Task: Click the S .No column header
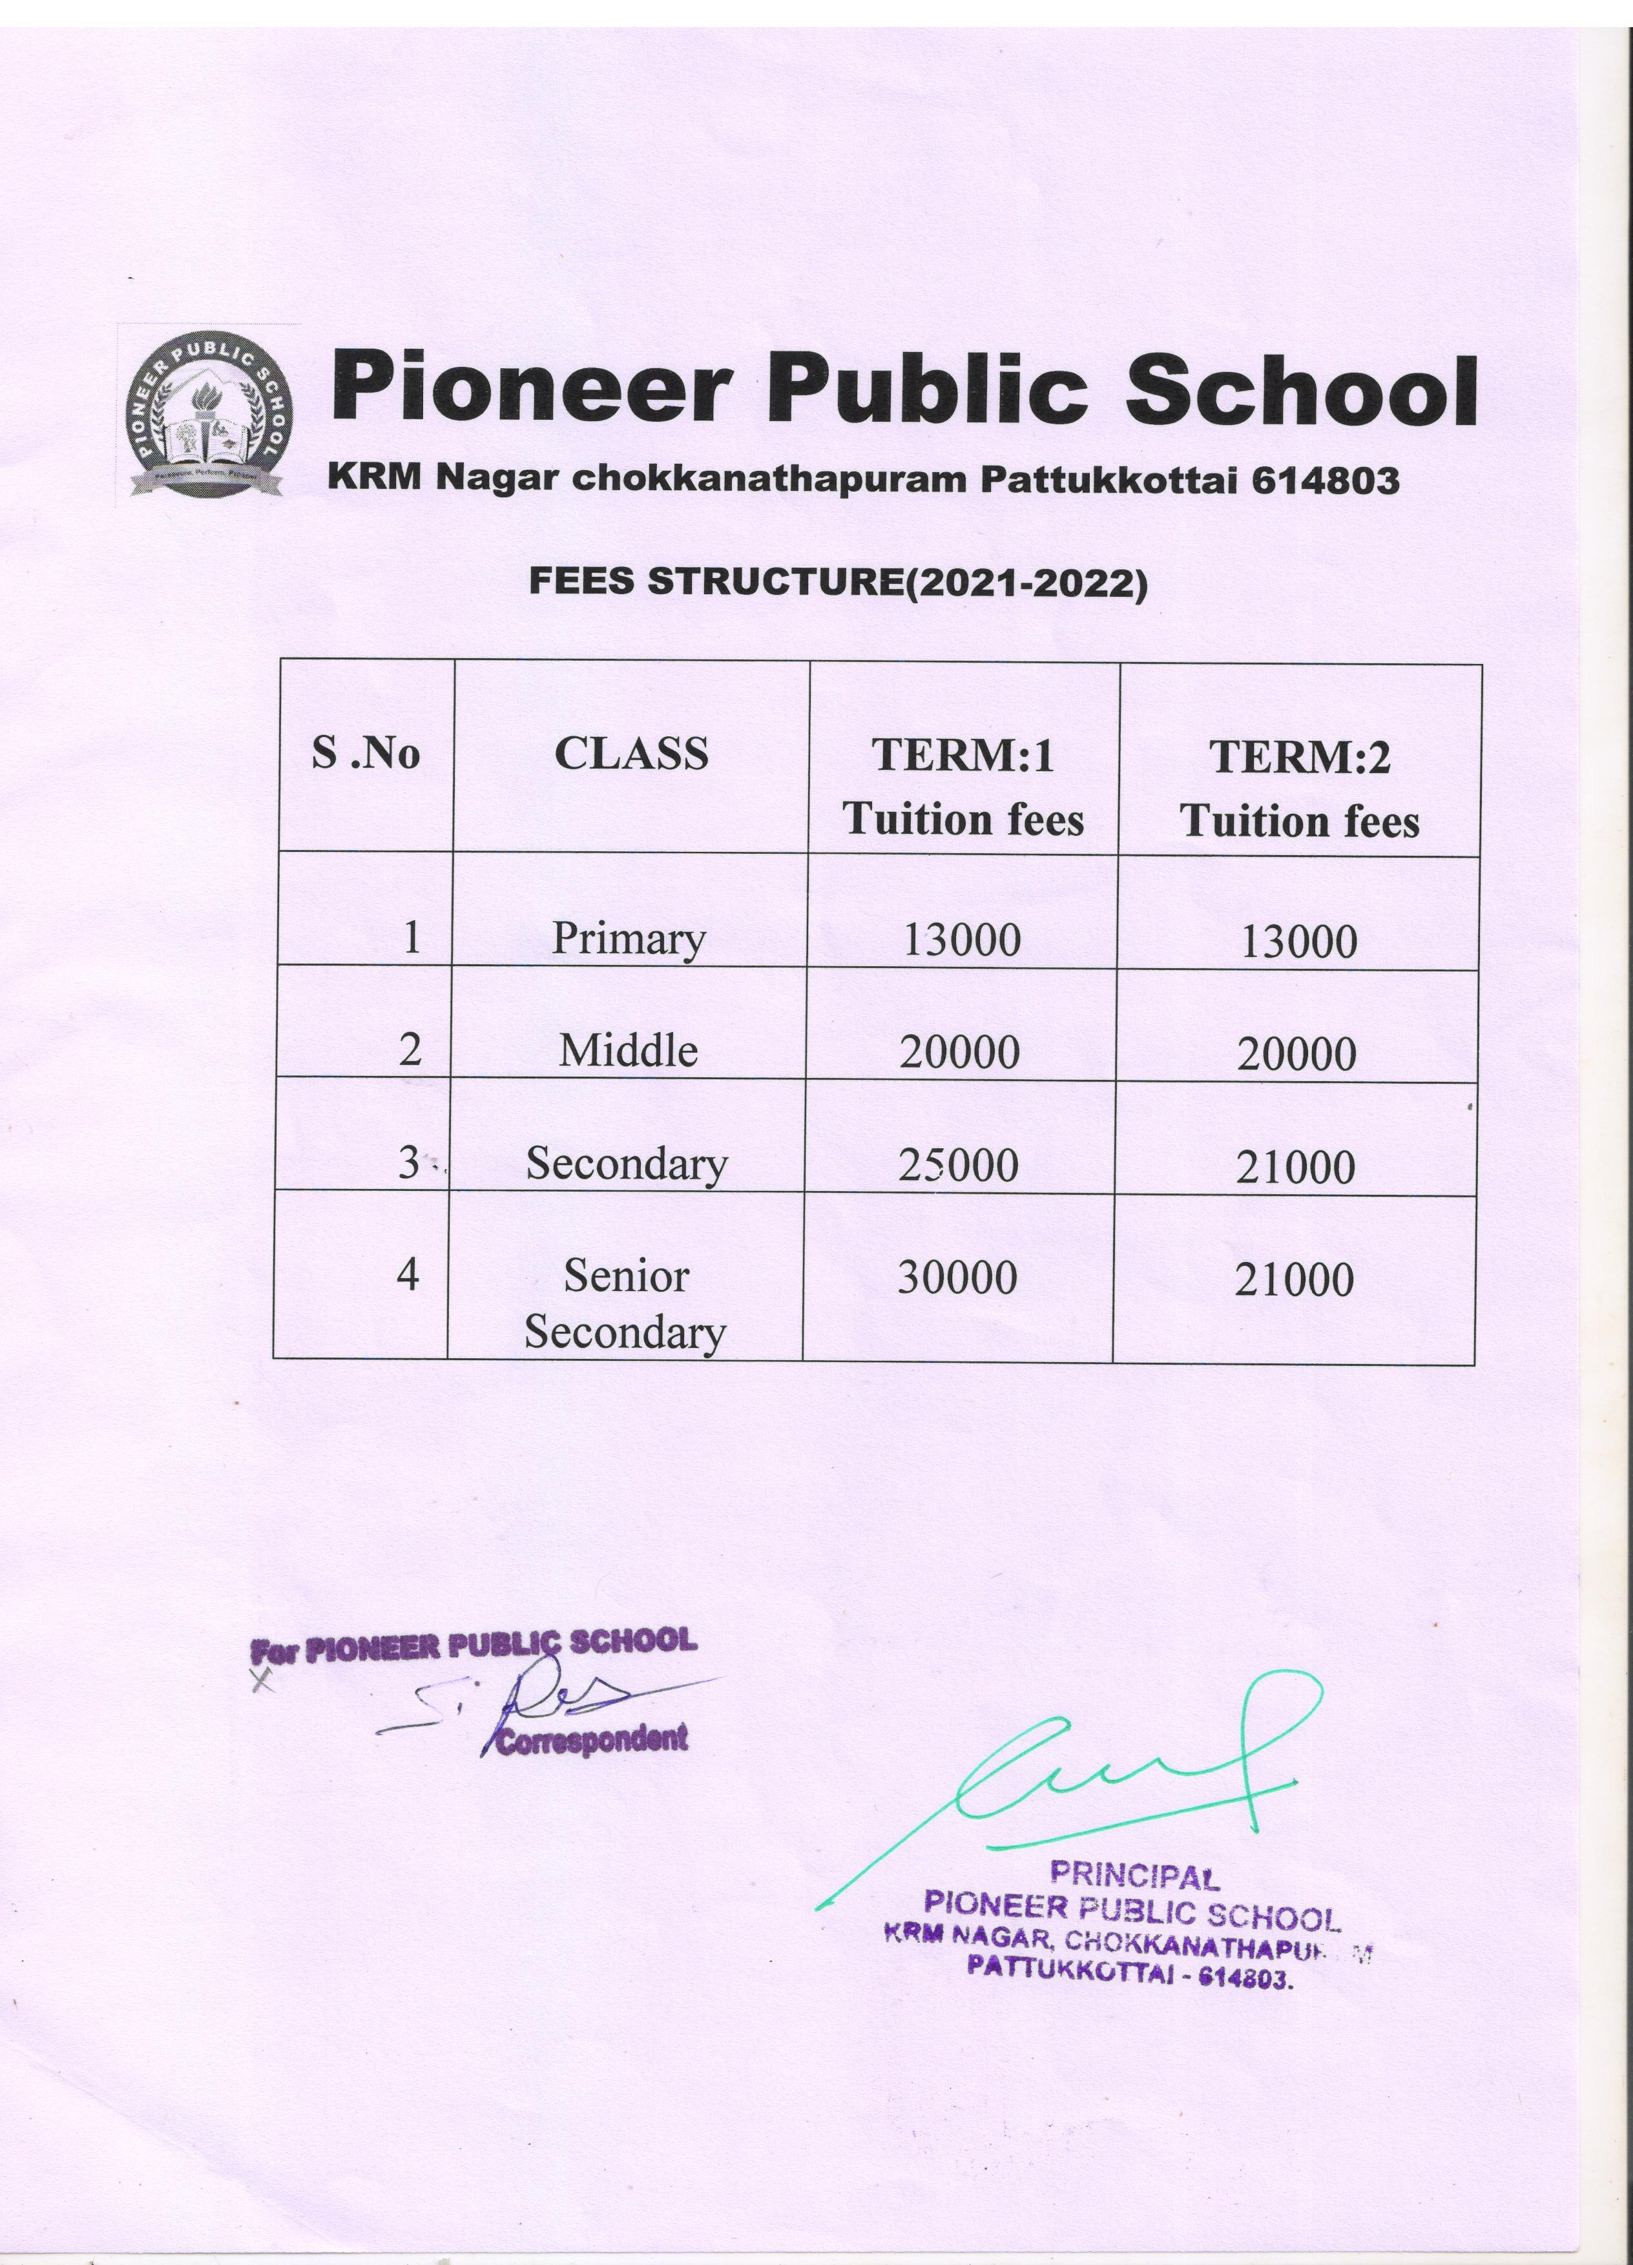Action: tap(366, 754)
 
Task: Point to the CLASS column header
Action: tap(631, 754)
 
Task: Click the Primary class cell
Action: tap(629, 939)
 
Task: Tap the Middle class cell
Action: tap(629, 1051)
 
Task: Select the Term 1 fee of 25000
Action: tap(958, 1164)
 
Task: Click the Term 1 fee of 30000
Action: tap(957, 1277)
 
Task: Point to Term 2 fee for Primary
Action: tap(1298, 942)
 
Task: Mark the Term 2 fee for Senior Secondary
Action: tap(1295, 1280)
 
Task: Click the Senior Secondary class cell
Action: tap(625, 1303)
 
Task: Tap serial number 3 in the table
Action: tap(408, 1163)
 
